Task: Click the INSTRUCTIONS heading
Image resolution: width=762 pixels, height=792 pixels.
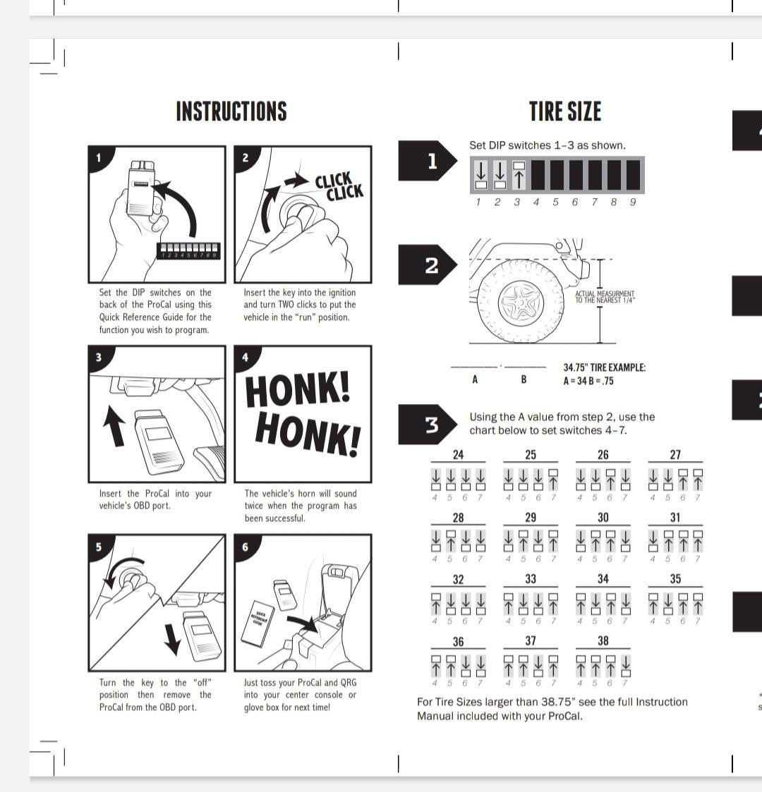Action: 231,111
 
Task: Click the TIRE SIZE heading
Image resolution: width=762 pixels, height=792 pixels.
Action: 565,111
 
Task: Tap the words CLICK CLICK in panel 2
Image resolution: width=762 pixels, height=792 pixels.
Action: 339,186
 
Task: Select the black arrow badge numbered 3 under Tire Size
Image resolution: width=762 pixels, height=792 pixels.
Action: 426,425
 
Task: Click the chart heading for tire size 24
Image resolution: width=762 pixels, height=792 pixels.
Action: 458,455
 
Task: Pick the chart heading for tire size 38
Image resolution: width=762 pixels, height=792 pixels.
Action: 603,641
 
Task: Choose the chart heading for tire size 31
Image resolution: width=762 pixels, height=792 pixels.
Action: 675,517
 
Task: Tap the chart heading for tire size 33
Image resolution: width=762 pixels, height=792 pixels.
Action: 531,579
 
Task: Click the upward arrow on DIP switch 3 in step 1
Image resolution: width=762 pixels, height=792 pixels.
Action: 519,176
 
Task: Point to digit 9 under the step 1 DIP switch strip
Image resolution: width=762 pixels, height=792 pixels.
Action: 632,202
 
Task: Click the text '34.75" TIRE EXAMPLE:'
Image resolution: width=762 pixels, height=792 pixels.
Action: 604,367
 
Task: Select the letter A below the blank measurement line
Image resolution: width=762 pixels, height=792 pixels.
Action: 475,380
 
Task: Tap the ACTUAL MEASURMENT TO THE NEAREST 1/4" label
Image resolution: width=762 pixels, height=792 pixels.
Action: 605,297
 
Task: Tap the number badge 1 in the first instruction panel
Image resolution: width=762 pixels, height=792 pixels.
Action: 98,157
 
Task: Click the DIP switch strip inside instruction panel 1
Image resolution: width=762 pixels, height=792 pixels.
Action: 188,251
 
